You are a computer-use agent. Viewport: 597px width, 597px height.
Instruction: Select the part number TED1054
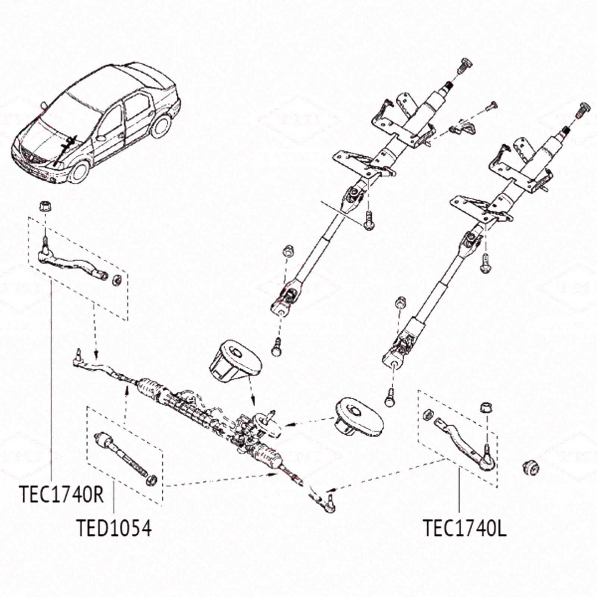pos(114,528)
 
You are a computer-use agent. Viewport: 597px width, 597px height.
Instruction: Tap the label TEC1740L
pos(465,528)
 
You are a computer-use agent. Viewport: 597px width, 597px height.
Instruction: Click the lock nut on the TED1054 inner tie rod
pos(152,480)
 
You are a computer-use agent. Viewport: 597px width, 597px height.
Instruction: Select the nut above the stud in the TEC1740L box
pos(486,407)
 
